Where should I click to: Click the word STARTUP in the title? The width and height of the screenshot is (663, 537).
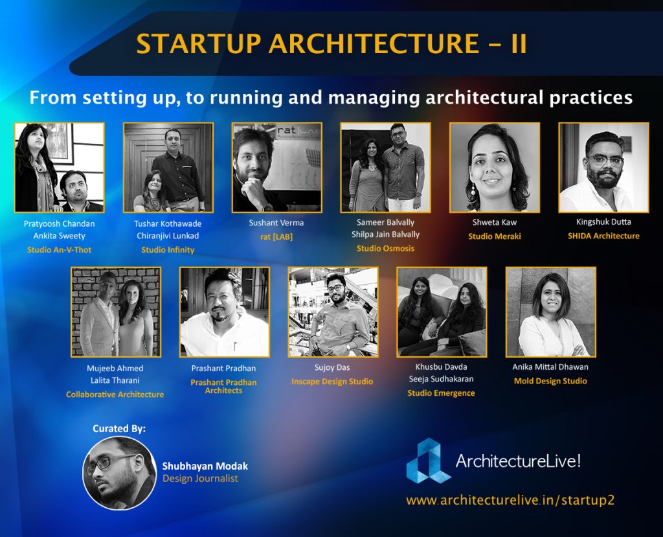(199, 43)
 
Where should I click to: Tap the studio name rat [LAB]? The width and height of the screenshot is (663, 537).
(276, 236)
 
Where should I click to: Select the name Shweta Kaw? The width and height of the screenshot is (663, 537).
(494, 222)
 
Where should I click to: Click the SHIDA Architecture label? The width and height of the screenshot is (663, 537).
(603, 236)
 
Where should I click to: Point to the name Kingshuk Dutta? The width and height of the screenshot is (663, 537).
(603, 222)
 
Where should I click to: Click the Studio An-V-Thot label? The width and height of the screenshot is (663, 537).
(59, 249)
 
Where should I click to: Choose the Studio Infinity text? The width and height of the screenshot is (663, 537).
(168, 249)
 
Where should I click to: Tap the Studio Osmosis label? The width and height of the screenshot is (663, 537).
(385, 248)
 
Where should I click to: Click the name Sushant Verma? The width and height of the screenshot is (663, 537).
(276, 223)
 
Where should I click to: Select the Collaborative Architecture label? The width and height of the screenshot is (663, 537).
(115, 394)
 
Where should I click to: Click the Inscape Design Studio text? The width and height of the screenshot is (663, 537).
(332, 382)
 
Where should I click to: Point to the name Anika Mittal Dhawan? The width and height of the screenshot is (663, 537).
(550, 367)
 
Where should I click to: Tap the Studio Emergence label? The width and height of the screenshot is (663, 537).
(441, 393)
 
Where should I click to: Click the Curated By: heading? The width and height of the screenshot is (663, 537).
(119, 429)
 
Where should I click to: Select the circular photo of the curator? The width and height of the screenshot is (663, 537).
(120, 473)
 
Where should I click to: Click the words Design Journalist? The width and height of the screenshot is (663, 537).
(201, 479)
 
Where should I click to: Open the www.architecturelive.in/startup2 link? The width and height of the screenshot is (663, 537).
(510, 500)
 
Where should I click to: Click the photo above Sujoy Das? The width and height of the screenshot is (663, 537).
(333, 312)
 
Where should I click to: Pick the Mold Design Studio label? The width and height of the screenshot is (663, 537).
(550, 381)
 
